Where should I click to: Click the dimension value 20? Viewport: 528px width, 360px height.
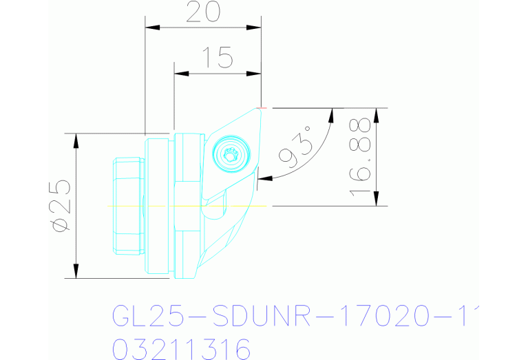pos(202,12)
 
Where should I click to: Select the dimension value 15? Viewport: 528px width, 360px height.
pos(218,59)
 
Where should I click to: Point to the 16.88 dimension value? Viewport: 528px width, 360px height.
pos(361,157)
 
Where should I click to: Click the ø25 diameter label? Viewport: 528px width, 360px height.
pos(61,205)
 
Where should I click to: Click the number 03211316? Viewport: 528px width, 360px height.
pos(181,348)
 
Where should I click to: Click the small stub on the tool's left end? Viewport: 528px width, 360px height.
pos(127,206)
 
